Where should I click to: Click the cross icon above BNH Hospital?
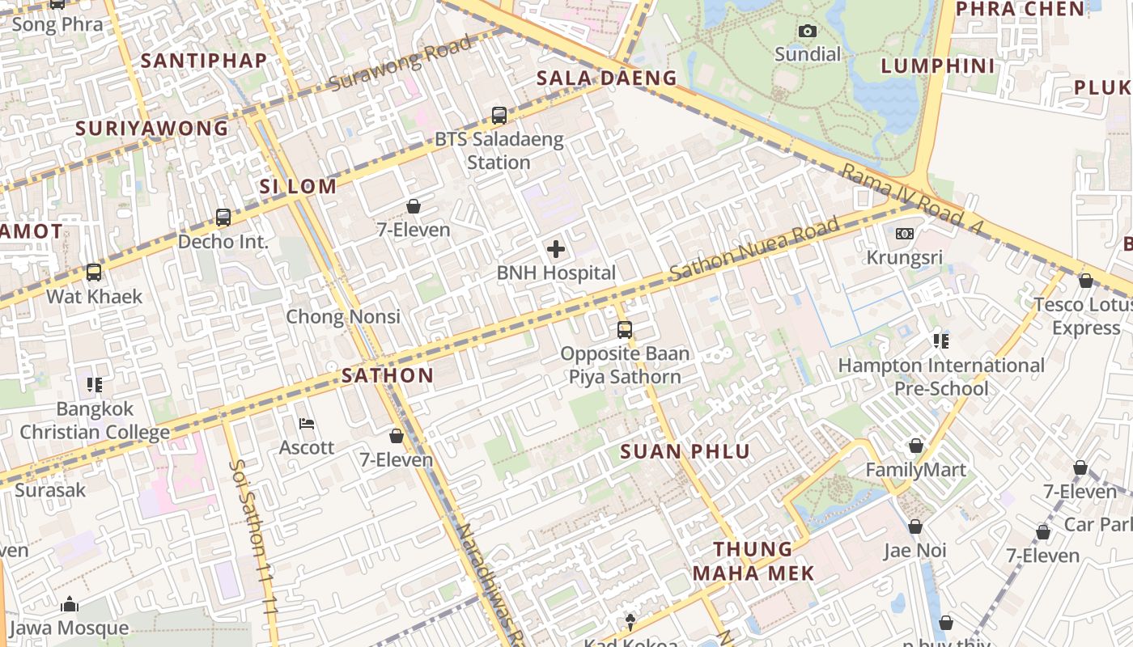coord(556,249)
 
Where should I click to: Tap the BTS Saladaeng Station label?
coord(499,150)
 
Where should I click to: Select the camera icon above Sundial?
coord(807,32)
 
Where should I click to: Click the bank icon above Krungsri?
coord(905,234)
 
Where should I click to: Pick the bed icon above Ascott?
coord(307,423)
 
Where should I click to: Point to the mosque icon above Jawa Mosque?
coord(69,604)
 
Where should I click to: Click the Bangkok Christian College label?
coord(95,421)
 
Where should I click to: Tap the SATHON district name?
coord(388,375)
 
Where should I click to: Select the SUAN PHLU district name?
coord(685,451)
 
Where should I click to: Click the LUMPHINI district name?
coord(938,66)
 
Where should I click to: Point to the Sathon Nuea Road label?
coord(754,248)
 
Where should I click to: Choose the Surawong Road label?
coord(400,64)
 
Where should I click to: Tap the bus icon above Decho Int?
coord(223,217)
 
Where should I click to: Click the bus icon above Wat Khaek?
coord(94,273)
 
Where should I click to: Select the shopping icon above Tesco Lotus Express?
coord(1085,281)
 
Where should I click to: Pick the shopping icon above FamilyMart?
coord(915,446)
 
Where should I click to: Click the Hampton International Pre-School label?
coord(941,377)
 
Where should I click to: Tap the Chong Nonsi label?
coord(343,316)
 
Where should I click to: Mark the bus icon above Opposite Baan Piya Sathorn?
coord(624,329)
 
